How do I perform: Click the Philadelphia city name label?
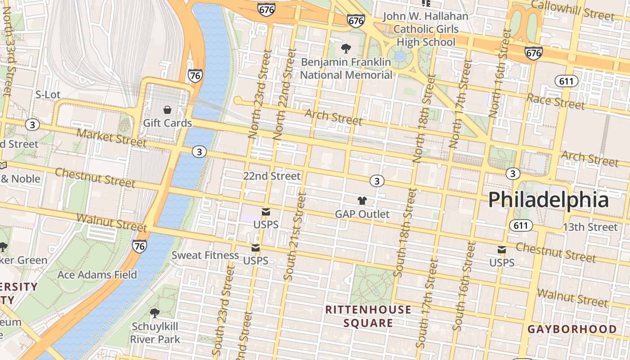point(549,199)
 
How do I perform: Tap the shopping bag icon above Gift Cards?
point(167,110)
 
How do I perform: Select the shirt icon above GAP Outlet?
point(362,201)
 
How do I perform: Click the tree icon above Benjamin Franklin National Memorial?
point(346,49)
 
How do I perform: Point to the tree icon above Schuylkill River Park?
point(155,313)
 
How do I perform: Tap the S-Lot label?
point(48,94)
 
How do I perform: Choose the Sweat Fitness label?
point(205,255)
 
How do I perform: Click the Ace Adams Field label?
point(97,274)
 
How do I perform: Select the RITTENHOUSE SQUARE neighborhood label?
point(368,316)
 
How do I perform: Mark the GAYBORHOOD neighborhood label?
point(572,329)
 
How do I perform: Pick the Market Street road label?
point(112,138)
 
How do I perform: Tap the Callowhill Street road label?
point(572,10)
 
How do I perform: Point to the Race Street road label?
point(556,101)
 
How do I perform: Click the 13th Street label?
point(590,227)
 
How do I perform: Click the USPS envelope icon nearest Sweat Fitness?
point(256,248)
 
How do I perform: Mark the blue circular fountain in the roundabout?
point(399,57)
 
